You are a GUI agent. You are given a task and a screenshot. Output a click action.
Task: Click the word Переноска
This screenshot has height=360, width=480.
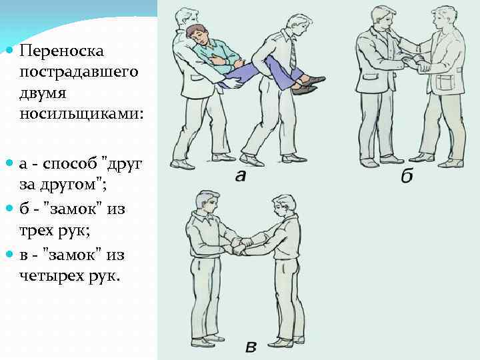click(x=61, y=51)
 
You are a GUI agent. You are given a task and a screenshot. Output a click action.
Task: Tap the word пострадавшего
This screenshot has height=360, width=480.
click(x=79, y=73)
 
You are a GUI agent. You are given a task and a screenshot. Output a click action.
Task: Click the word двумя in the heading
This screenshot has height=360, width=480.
click(x=43, y=93)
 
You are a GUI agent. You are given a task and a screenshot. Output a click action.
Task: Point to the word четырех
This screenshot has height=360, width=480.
click(x=52, y=277)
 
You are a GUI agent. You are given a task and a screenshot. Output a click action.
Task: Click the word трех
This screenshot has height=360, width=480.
click(x=36, y=231)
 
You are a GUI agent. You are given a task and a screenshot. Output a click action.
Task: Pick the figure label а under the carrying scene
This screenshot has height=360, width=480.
click(x=241, y=176)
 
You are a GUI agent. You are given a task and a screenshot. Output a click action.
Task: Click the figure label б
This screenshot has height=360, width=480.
click(x=407, y=175)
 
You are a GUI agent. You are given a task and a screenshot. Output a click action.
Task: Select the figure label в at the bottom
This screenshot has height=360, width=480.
click(x=251, y=347)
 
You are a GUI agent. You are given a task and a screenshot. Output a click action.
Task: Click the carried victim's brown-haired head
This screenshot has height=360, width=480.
click(x=196, y=34)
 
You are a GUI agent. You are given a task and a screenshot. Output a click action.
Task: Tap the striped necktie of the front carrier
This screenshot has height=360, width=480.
click(x=293, y=55)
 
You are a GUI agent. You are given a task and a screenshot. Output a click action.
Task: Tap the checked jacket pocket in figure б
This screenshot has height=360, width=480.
click(x=443, y=83)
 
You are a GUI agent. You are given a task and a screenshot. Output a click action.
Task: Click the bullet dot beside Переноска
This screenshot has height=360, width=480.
click(x=10, y=50)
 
